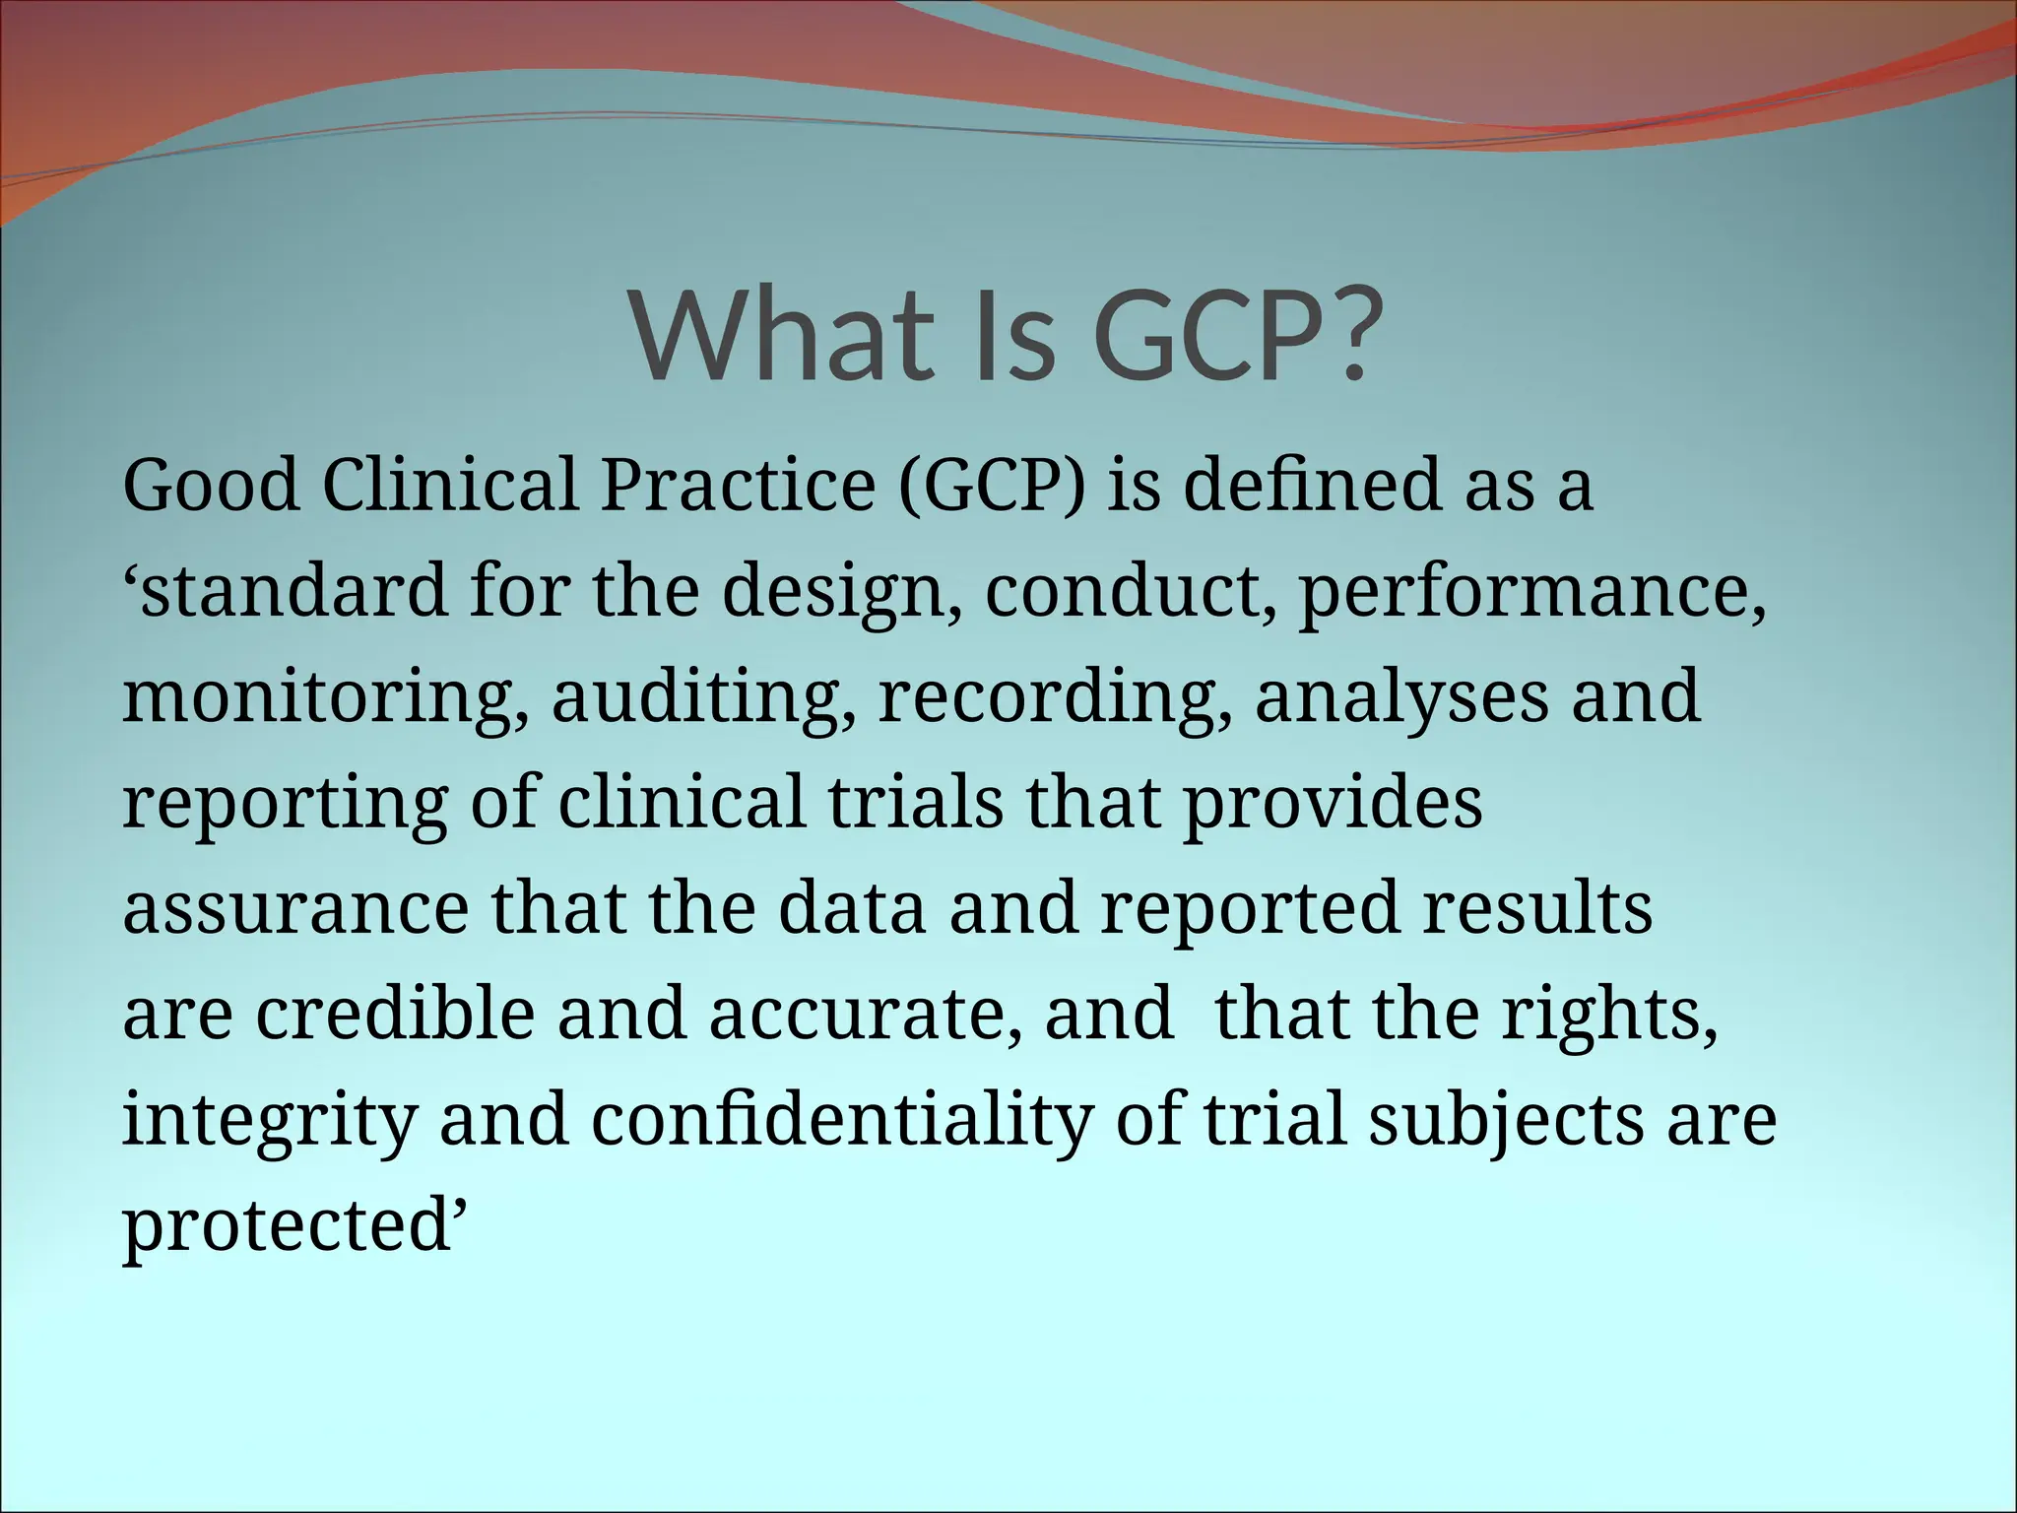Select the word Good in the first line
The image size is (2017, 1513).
(211, 486)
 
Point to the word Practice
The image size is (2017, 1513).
(738, 486)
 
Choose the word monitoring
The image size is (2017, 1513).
(324, 697)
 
